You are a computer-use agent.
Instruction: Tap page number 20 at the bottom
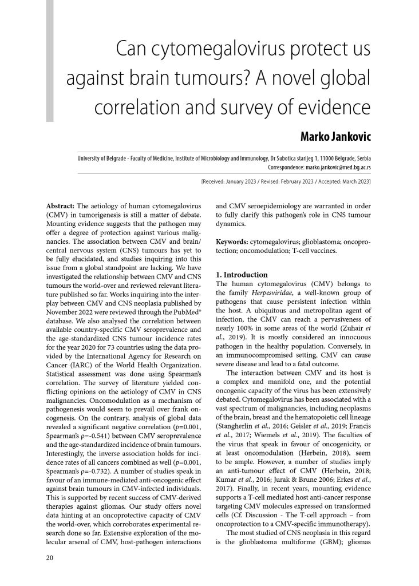pos(50,556)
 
